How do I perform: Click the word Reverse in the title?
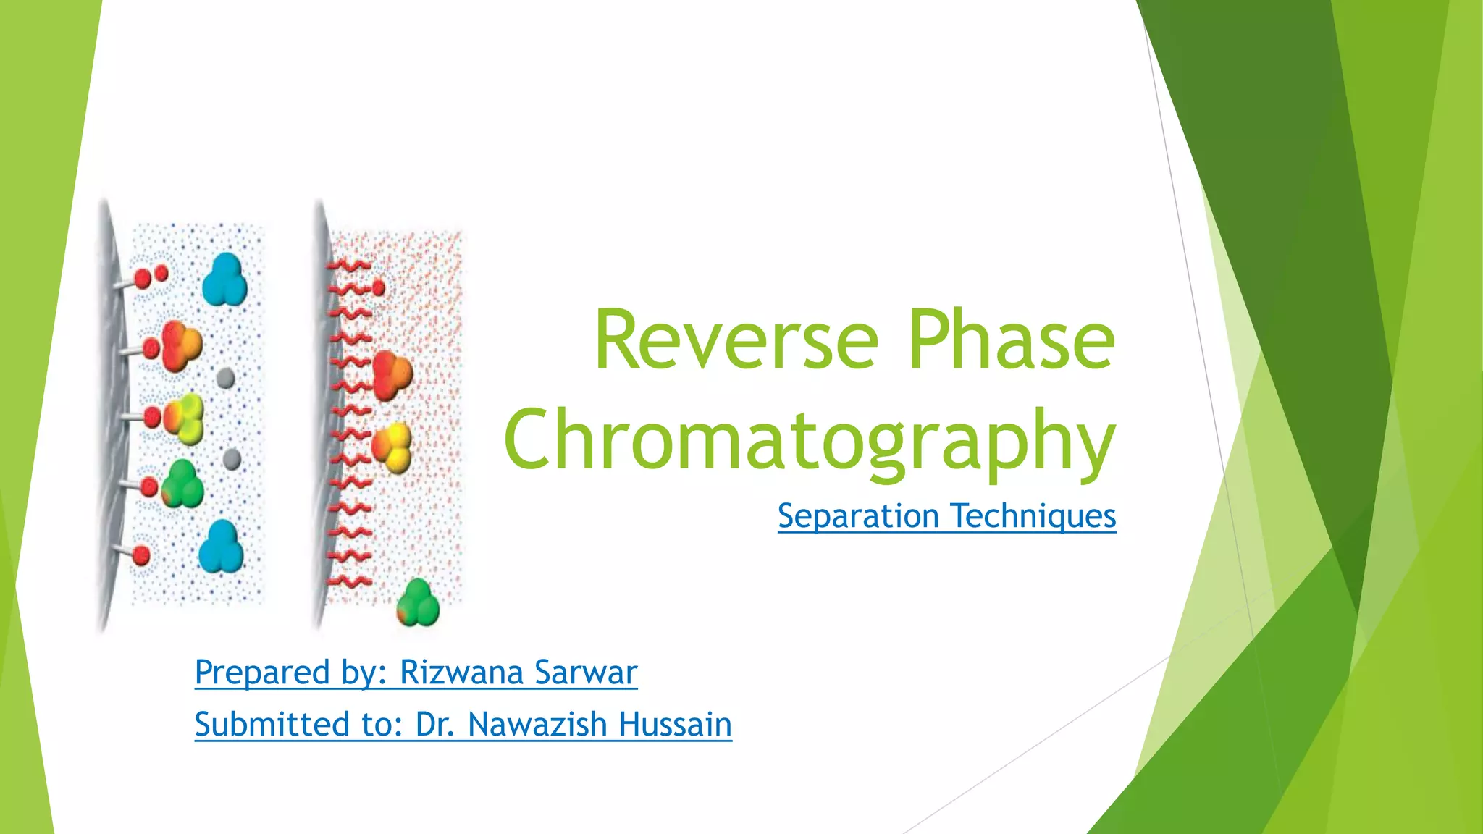[736, 340]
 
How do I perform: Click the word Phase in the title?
[1011, 340]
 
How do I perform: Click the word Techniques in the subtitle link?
[1034, 516]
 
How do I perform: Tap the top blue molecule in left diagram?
[224, 280]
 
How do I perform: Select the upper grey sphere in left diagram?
[225, 378]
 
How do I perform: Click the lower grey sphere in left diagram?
[231, 458]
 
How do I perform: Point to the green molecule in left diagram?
[182, 483]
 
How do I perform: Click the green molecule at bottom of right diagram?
[418, 603]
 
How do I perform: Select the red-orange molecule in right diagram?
[392, 375]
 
